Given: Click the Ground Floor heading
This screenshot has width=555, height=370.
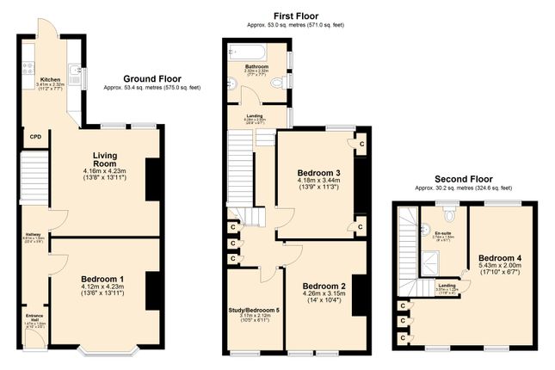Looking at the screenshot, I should coord(157,77).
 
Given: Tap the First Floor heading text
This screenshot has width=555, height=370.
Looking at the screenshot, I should coord(295,15).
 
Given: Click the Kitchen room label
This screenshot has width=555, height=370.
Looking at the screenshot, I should coord(50,78).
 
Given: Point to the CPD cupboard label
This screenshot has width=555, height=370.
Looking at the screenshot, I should coord(35,136).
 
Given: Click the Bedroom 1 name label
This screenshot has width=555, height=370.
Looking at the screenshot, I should coord(102,279).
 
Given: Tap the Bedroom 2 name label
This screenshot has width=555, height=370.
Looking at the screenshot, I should coord(324,287).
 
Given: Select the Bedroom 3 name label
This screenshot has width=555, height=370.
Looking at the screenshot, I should coord(319,173).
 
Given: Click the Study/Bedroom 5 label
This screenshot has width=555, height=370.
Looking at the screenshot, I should coord(256,309).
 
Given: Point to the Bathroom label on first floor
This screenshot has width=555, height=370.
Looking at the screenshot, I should coord(255,66).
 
